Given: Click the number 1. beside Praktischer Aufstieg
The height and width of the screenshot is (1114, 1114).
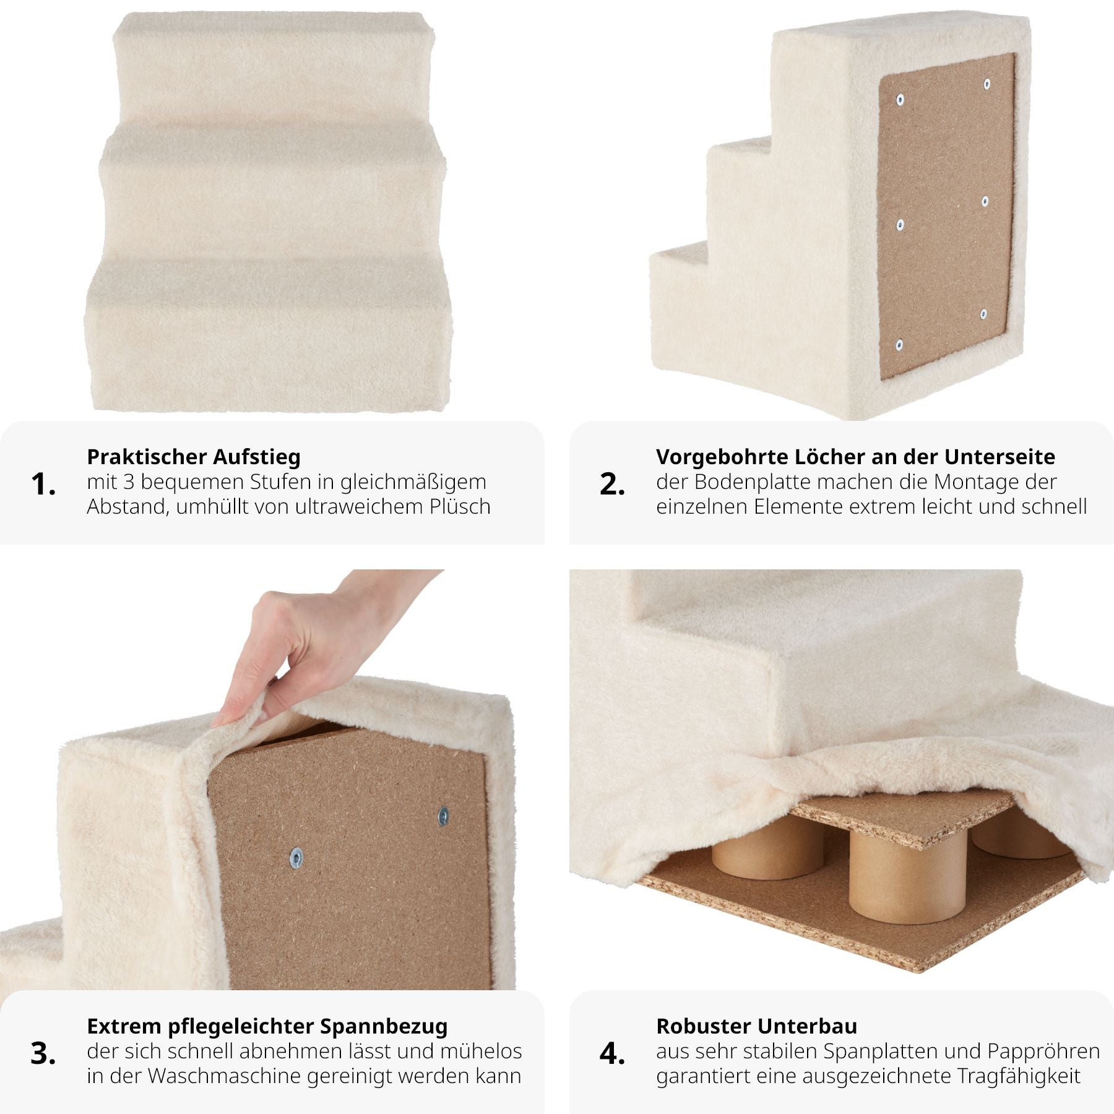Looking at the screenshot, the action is point(43,484).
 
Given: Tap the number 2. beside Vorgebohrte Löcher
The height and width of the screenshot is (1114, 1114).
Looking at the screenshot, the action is point(612,484).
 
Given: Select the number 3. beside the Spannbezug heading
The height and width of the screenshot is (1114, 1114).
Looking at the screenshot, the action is point(43,1053).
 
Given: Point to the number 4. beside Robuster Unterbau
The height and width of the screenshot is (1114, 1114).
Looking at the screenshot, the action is point(612,1053).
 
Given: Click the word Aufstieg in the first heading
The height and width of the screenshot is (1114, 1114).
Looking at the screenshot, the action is point(257,457).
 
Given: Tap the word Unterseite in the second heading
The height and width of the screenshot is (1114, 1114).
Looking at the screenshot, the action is point(1000,457).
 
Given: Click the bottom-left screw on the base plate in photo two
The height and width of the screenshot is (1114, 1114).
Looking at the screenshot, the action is point(900,344).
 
